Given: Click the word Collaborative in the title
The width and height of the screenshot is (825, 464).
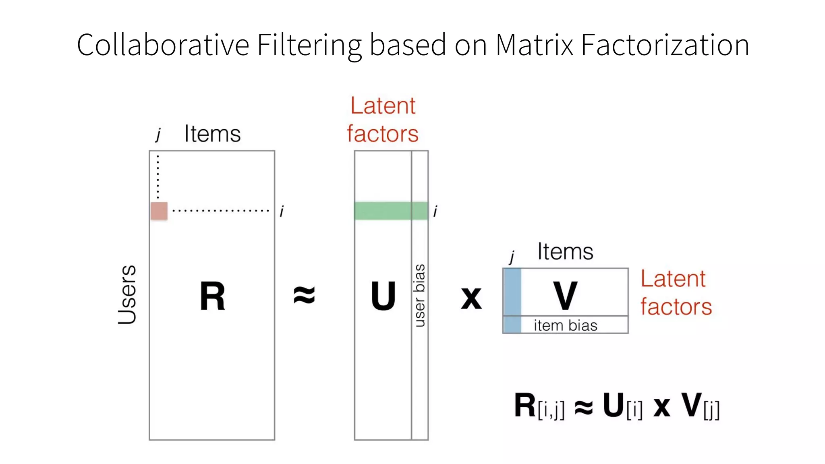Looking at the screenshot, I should (x=163, y=45).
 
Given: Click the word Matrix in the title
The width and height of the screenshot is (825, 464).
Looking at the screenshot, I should (x=534, y=45).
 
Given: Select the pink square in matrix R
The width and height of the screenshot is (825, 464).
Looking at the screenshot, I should (x=159, y=211).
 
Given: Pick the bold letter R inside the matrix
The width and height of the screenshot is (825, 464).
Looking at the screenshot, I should (x=212, y=296).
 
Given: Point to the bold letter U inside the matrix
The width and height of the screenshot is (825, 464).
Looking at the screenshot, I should (x=383, y=296).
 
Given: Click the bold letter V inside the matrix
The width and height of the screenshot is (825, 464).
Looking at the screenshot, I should (x=565, y=296).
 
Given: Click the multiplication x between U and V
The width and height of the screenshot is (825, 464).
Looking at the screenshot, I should (x=471, y=298).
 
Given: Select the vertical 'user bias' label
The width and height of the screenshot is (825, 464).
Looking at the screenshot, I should (x=419, y=295).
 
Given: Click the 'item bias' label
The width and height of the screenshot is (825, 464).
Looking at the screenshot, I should (x=565, y=325).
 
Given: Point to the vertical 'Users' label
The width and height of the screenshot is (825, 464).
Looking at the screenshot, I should (x=127, y=294).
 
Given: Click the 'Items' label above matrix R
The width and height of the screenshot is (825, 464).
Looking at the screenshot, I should (x=212, y=134).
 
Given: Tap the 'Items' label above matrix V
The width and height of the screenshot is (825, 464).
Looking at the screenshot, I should (x=565, y=252).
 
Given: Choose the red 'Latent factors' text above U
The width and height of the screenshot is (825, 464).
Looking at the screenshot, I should (x=383, y=120).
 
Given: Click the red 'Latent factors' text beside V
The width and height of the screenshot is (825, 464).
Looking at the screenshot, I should (x=676, y=292).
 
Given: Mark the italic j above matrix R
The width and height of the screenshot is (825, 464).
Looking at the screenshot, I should (x=158, y=135).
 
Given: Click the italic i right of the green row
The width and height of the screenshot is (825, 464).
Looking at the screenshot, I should (x=435, y=211).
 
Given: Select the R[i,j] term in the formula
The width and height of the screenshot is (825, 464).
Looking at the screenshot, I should (x=539, y=406).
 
